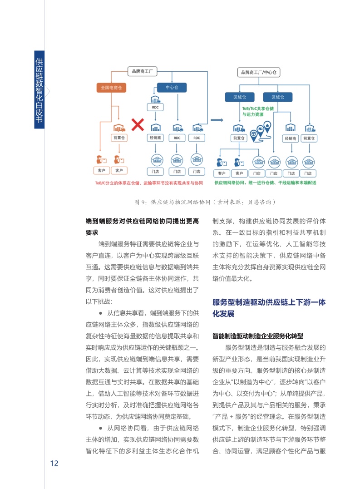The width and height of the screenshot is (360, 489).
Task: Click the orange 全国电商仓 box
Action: coord(111,88)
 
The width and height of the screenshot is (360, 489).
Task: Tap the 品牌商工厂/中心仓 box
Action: coord(259,72)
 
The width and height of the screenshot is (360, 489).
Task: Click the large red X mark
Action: coord(138,124)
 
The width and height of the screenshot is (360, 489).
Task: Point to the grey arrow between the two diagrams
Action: coord(218,120)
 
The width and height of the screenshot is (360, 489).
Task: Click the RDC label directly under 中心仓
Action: coord(155,107)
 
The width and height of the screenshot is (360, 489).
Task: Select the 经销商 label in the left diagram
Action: coord(156,138)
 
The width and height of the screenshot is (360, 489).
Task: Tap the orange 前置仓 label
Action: coord(119,138)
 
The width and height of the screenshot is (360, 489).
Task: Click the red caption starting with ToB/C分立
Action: coord(148,183)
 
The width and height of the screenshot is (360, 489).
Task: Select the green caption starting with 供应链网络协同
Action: coord(265,183)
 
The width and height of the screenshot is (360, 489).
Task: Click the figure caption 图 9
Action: coord(205,202)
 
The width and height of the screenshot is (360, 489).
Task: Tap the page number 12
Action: coord(54,463)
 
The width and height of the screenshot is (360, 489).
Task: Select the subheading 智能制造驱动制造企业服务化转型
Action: coord(257,336)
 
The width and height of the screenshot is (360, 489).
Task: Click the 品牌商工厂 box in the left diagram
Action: coord(144,71)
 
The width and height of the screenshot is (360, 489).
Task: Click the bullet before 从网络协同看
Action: coord(100,428)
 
